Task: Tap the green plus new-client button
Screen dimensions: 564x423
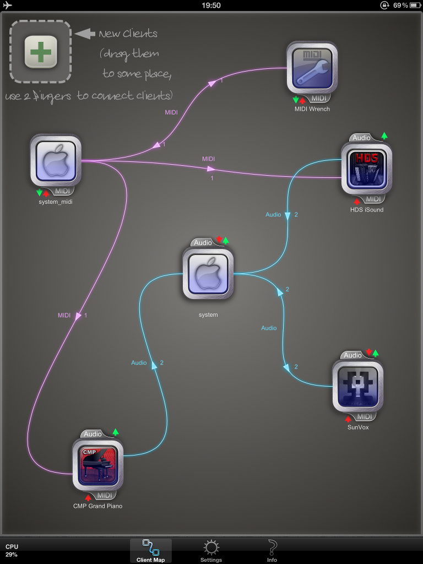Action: tap(41, 52)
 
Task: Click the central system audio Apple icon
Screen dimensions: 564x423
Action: tap(208, 273)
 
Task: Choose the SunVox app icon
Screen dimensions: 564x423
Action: tap(358, 386)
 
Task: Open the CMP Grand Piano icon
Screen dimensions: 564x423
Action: tap(97, 464)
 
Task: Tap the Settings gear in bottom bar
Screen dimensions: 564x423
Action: tap(211, 551)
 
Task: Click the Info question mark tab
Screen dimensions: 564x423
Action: tap(272, 551)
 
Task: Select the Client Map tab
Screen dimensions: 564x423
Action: tap(150, 551)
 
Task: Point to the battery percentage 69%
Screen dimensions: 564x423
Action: tap(400, 6)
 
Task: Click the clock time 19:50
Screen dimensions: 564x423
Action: tap(211, 6)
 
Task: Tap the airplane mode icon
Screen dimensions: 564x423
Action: tap(8, 6)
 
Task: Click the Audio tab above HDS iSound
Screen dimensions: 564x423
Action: tap(361, 138)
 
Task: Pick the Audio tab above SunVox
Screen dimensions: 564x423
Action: tap(352, 355)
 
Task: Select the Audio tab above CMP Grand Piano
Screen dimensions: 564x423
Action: tap(93, 434)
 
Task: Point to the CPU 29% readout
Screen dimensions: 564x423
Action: tap(12, 550)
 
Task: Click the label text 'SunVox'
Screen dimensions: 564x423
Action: tap(358, 427)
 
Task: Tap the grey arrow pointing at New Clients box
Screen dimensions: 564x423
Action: tap(85, 34)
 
